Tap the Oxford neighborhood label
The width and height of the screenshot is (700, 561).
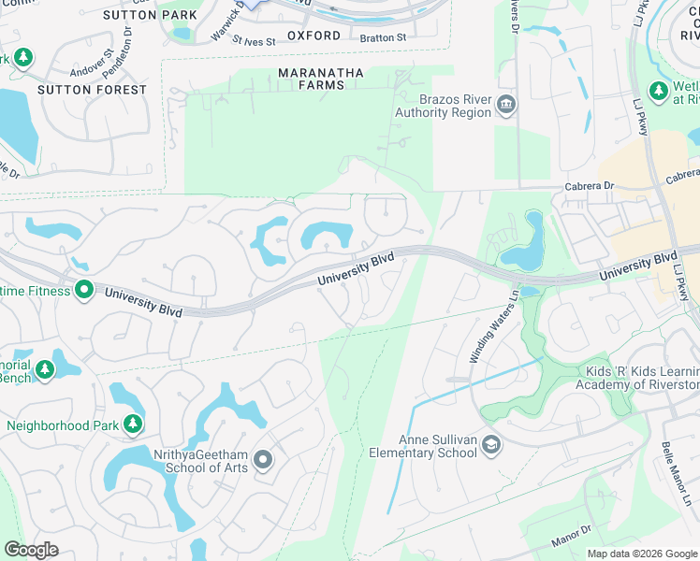[314, 36]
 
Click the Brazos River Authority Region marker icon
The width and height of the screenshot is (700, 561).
[506, 104]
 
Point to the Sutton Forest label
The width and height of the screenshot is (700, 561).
[92, 90]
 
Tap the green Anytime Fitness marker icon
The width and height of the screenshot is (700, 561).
[84, 291]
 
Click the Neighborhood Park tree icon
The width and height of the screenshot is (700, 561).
[134, 425]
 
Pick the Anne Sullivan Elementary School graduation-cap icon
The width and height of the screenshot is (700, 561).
[490, 446]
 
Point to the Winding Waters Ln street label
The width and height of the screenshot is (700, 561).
[492, 331]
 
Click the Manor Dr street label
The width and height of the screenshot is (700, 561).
[598, 533]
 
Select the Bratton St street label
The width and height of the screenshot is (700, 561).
[383, 37]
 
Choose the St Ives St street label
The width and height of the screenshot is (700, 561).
[255, 41]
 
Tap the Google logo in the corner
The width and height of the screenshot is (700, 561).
[31, 550]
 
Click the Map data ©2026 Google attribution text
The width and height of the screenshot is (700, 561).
[641, 554]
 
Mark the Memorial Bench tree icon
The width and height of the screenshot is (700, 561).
[44, 372]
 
